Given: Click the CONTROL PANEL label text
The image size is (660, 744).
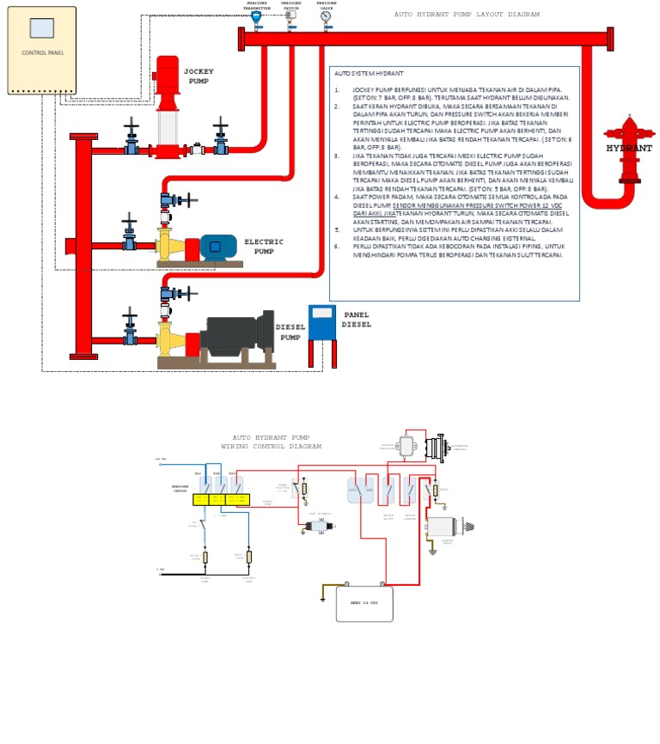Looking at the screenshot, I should coord(42,52).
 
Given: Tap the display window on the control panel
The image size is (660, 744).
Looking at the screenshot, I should coord(41,28).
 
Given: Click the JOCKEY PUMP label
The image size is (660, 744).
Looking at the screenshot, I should coord(199,76).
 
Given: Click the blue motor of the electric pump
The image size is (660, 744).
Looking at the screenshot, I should coord(218,247).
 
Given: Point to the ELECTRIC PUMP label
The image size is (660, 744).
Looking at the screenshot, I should coord(264,247).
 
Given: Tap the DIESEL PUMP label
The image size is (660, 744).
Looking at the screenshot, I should coord(290,332).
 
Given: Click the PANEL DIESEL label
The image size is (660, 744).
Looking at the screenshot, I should coord(357,320).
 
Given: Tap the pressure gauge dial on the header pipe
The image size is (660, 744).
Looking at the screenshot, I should coord(326,15).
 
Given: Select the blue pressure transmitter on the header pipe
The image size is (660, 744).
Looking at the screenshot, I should coord(256,16).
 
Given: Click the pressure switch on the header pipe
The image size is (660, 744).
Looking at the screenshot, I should coord(290,15).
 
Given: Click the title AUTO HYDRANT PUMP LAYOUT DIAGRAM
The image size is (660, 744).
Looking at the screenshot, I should coord(467,15).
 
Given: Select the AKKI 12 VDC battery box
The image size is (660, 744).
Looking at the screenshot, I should coord(364,603).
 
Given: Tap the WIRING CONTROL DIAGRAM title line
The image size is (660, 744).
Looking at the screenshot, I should coord(271,447).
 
